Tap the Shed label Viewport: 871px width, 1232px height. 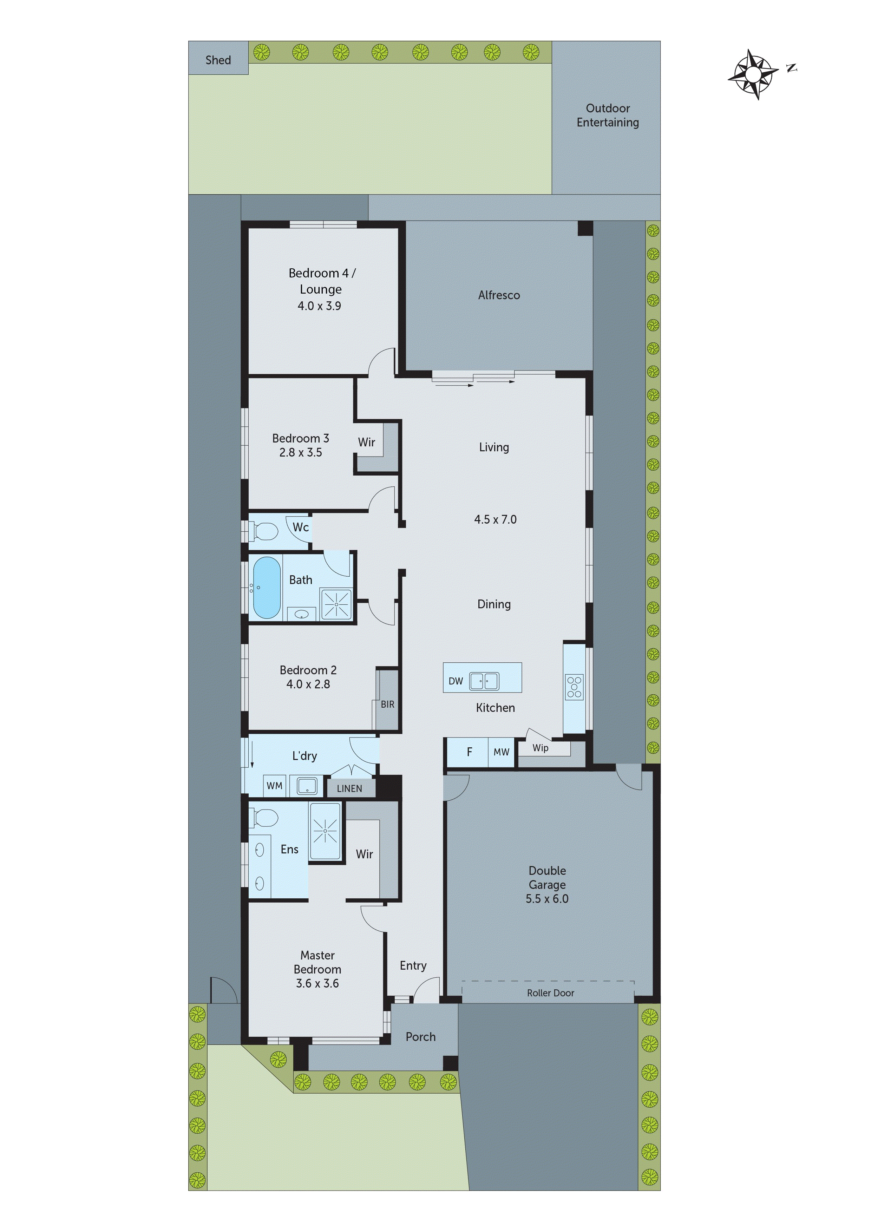pyautogui.click(x=218, y=60)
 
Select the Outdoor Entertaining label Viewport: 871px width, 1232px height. pyautogui.click(x=608, y=115)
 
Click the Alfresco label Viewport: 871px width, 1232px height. pyautogui.click(x=499, y=295)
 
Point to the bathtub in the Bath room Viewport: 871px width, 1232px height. pyautogui.click(x=267, y=588)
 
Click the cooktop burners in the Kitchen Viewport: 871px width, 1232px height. pyautogui.click(x=574, y=687)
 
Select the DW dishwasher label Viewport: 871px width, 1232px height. pyautogui.click(x=456, y=681)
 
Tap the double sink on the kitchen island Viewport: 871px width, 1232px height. pyautogui.click(x=484, y=681)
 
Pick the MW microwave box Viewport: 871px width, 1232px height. pyautogui.click(x=501, y=752)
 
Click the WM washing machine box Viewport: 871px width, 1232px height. pyautogui.click(x=274, y=786)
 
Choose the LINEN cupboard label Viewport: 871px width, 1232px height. pyautogui.click(x=349, y=788)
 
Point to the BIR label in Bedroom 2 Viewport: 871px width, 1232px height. pyautogui.click(x=387, y=705)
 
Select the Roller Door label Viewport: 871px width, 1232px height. pyautogui.click(x=550, y=993)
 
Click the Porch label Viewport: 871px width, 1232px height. pyautogui.click(x=420, y=1037)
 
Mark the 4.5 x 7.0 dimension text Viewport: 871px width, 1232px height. pyautogui.click(x=495, y=519)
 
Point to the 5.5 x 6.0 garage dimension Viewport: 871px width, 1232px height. pyautogui.click(x=546, y=899)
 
